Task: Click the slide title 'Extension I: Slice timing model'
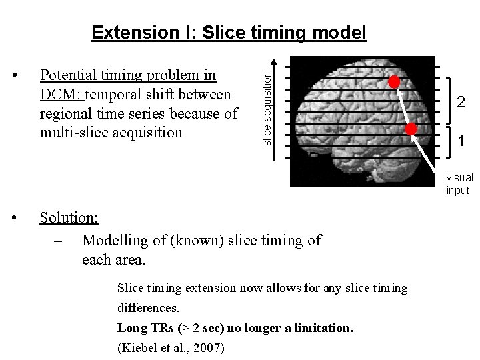[229, 33]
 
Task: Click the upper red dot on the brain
[395, 82]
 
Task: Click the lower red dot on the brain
[411, 129]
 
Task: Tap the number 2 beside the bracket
[460, 102]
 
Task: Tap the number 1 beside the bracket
[461, 141]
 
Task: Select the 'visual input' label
[459, 184]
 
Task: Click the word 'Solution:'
[69, 218]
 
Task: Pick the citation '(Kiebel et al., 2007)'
[171, 347]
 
